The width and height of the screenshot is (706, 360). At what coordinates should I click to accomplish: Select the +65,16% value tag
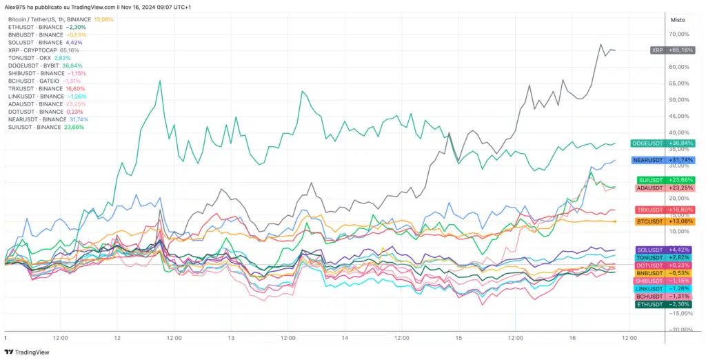pyautogui.click(x=680, y=50)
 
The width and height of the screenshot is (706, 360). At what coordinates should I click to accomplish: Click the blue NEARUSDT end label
pyautogui.click(x=647, y=160)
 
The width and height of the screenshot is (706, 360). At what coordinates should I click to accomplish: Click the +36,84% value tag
pyautogui.click(x=680, y=143)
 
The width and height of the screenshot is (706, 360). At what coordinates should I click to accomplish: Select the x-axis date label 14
pyautogui.click(x=345, y=339)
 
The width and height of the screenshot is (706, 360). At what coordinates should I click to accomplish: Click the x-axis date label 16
pyautogui.click(x=572, y=339)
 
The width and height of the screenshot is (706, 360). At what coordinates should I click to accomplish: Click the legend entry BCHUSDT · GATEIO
pyautogui.click(x=34, y=81)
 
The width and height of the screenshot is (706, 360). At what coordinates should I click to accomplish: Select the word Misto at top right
pyautogui.click(x=677, y=20)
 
